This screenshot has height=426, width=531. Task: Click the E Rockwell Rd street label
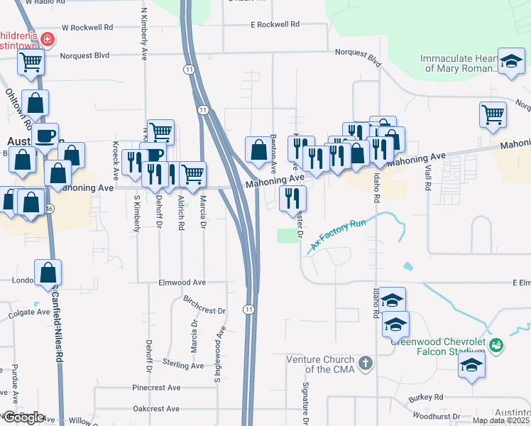coord(281,24)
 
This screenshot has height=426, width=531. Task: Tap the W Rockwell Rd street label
coord(87,28)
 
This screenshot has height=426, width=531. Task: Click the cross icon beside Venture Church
coord(365,364)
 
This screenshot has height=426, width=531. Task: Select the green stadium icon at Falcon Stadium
coord(497,346)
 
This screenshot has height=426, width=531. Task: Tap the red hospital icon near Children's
coord(47,39)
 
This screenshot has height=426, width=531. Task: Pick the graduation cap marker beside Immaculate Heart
coord(510,61)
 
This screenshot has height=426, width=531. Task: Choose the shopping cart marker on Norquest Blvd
coord(31,62)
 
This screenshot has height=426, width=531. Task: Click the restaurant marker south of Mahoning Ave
coord(292,199)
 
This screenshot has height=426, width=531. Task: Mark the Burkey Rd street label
coord(425,397)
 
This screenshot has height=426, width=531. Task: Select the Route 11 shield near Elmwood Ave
coord(248,310)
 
